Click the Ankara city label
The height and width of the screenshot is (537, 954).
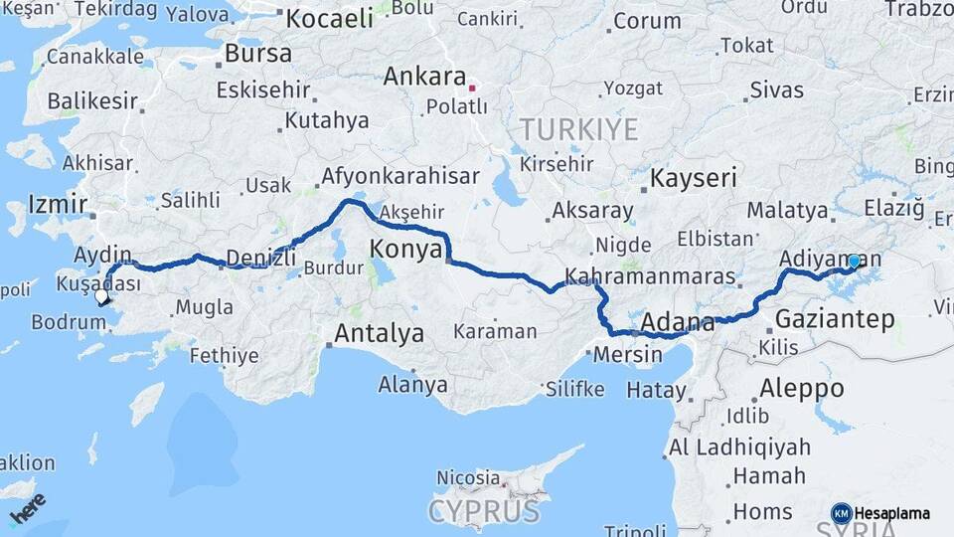[424, 77]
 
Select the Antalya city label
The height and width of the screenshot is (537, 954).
[379, 334]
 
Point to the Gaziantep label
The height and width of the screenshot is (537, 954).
[834, 319]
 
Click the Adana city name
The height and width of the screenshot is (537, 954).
[678, 323]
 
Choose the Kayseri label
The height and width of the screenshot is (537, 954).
[694, 179]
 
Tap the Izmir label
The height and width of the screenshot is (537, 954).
[53, 205]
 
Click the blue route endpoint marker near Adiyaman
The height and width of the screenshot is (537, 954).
[854, 262]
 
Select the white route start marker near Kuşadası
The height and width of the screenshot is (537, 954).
[101, 295]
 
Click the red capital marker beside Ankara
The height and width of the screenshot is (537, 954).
[472, 89]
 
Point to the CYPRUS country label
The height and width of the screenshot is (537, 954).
[484, 512]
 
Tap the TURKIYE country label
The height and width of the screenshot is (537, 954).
[577, 129]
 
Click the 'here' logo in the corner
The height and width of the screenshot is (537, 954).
[29, 513]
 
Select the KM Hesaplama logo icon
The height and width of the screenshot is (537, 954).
[841, 513]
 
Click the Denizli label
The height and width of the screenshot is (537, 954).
[261, 258]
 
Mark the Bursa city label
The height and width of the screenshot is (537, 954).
[258, 53]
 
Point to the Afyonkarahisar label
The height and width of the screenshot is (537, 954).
[399, 177]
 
